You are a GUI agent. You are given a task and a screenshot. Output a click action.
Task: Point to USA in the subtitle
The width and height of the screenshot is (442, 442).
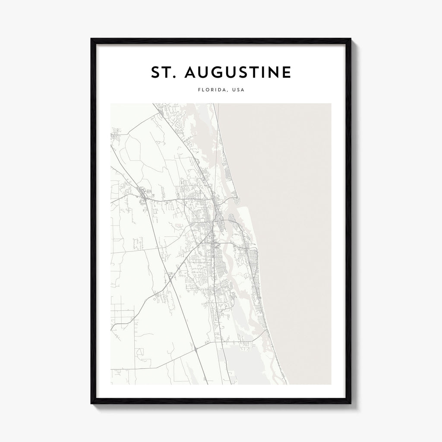[x=238, y=90]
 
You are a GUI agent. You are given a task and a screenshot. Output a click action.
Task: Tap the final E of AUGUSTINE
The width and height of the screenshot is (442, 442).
[x=287, y=73]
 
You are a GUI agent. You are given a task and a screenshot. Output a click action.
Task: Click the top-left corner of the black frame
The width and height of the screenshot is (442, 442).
[x=91, y=39]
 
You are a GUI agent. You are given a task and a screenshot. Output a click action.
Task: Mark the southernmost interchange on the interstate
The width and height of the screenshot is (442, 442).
[x=197, y=347]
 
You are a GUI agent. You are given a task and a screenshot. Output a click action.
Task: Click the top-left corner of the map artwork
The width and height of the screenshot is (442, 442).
[x=111, y=104]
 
